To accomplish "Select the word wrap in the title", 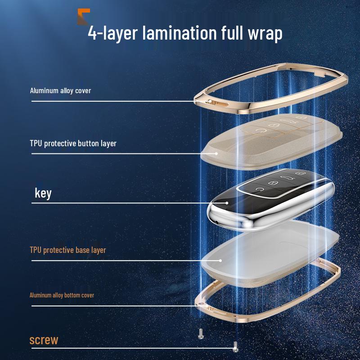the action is pyautogui.click(x=261, y=33).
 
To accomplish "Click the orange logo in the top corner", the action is pyautogui.click(x=83, y=17).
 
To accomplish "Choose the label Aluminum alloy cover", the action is pyautogui.click(x=60, y=90).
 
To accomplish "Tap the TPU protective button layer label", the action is pyautogui.click(x=73, y=144).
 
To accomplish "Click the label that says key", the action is pyautogui.click(x=43, y=193).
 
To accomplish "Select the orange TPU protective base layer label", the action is pyautogui.click(x=68, y=249).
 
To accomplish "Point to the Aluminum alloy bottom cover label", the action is pyautogui.click(x=62, y=295).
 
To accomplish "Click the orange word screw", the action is pyautogui.click(x=44, y=340).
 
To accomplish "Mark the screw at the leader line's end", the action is pyautogui.click(x=234, y=346).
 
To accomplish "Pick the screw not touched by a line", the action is pyautogui.click(x=201, y=333).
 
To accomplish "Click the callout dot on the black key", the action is pyautogui.click(x=227, y=203).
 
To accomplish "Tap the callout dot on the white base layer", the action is pyautogui.click(x=220, y=260).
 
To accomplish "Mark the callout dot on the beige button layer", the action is pyautogui.click(x=216, y=153).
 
